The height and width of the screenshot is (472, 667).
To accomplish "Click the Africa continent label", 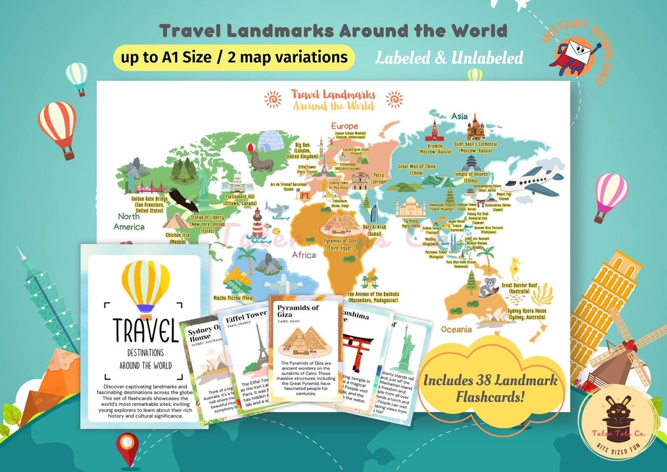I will (303, 255).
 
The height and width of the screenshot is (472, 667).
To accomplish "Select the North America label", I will (129, 221).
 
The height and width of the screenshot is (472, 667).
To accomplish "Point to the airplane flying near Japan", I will (532, 179).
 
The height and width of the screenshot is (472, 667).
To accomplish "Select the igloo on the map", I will (270, 143).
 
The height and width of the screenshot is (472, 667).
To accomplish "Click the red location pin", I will (128, 447).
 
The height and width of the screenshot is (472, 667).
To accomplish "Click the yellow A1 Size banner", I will (234, 57).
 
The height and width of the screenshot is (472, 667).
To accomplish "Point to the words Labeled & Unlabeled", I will (449, 58).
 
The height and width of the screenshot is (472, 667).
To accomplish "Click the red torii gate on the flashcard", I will (357, 350).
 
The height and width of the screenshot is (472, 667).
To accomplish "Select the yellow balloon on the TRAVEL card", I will (145, 285).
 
